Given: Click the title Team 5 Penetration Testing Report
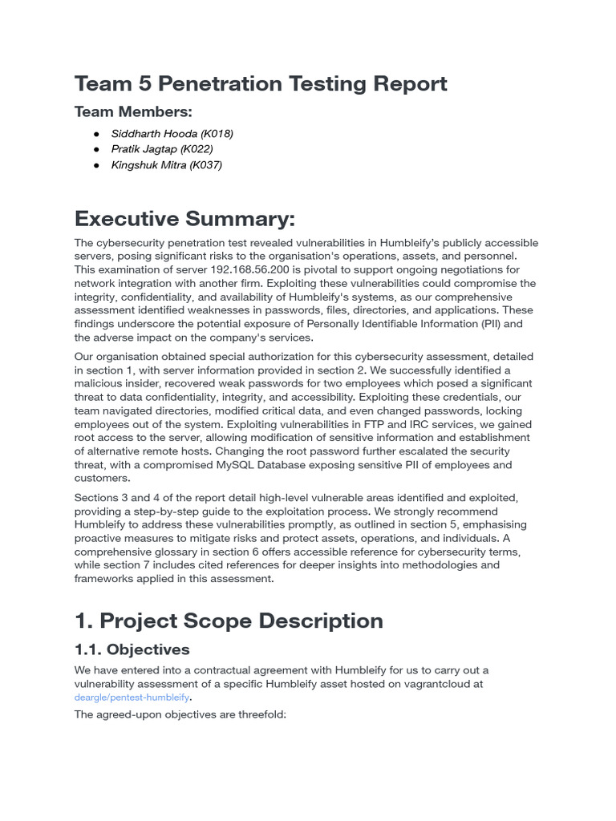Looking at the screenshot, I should (261, 83).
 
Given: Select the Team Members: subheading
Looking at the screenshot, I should (133, 111).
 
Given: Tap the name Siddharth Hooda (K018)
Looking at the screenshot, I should (172, 134).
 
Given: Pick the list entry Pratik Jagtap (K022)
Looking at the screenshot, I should (162, 149).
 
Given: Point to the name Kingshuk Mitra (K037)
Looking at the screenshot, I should (167, 165).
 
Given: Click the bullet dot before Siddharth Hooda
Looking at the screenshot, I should (96, 134).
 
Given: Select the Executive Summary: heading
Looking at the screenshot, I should (184, 218).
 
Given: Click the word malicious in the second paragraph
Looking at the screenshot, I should (99, 383).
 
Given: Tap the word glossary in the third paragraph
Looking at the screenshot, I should (177, 552).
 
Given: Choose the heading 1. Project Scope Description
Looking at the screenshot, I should (229, 621).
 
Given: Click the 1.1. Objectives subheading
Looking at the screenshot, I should (132, 649).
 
